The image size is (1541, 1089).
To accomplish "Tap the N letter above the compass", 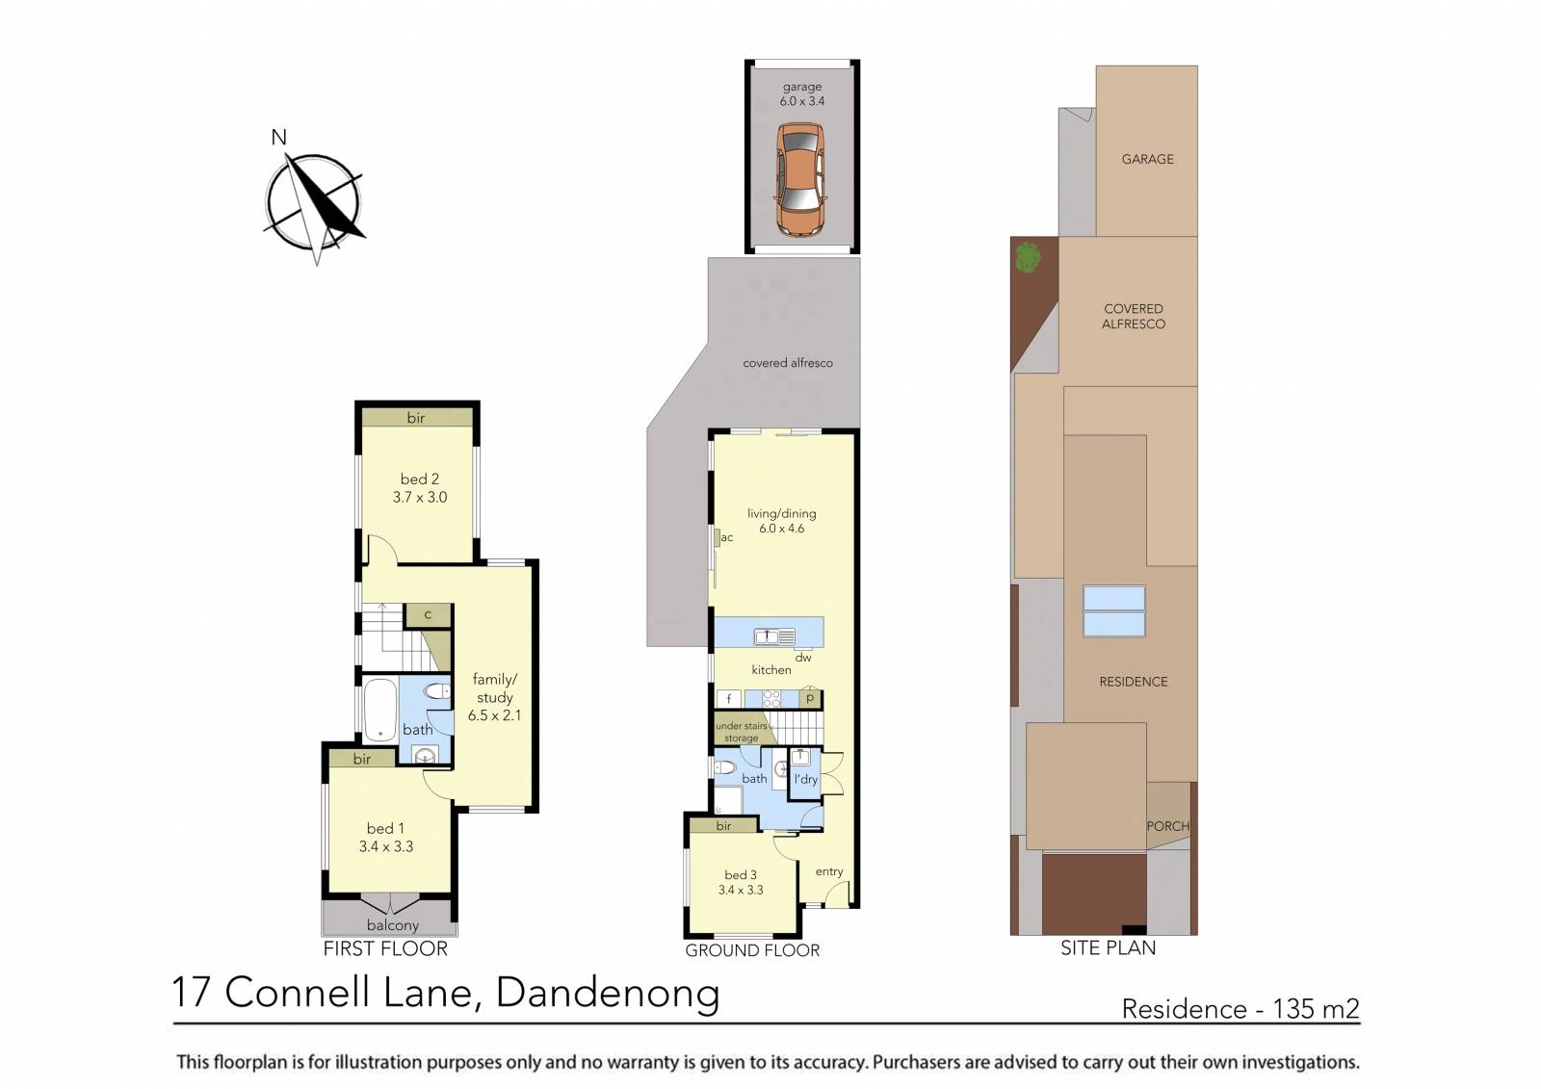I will point(278,138).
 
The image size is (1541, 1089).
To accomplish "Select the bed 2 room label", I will point(419,479).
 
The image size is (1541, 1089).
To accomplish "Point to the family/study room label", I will point(494,688).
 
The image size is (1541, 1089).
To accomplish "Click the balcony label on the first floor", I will point(392,925).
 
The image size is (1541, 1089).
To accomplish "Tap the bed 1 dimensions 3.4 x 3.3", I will point(385,846).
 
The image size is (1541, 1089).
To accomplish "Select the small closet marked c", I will point(428,614).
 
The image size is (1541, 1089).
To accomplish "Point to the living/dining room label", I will point(781,513).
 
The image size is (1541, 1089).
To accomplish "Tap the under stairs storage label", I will point(741,732).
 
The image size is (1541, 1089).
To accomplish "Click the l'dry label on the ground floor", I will point(805,779).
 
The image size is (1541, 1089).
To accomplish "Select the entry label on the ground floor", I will point(828,871).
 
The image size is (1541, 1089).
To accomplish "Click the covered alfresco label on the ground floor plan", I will point(787,363).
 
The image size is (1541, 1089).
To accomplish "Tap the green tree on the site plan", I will point(1028,257).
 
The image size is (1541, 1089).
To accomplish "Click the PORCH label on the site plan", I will point(1167,826).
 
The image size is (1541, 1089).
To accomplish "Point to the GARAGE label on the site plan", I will point(1147,159).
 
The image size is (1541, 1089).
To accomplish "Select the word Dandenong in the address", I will point(607,993).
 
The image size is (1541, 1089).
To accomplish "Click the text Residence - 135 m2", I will point(1240,1008).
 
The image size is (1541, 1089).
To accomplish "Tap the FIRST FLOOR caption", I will point(384,948).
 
